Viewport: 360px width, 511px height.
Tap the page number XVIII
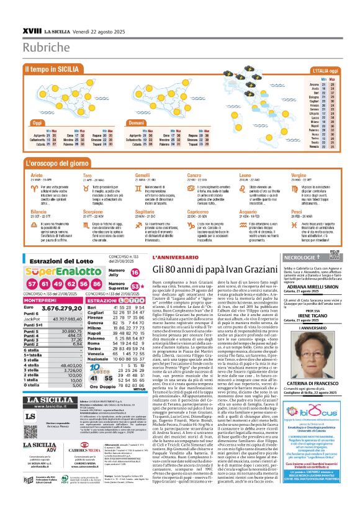point(32,30)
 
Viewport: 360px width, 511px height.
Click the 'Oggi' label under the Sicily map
point(37,124)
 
